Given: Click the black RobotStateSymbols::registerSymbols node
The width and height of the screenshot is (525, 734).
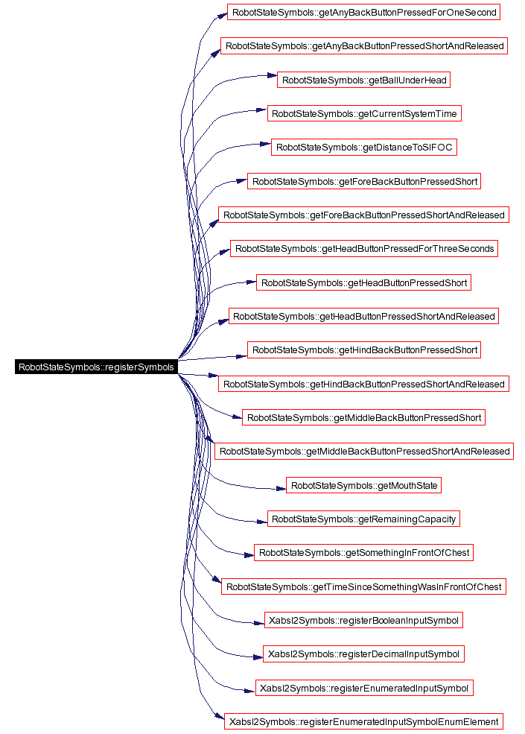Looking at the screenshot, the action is [x=96, y=367].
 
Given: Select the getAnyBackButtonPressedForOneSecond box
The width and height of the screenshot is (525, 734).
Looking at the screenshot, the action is [x=363, y=12].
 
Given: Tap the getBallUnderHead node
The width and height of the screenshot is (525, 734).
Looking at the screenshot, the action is [x=364, y=80].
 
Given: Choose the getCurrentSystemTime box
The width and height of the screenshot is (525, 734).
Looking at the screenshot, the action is [x=364, y=114].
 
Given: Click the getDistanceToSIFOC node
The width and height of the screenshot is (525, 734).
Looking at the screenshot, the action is [x=364, y=148].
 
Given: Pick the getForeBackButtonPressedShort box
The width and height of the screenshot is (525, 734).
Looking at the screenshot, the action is [x=364, y=181].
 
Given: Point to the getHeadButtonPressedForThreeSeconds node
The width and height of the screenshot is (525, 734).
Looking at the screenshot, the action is [x=364, y=249].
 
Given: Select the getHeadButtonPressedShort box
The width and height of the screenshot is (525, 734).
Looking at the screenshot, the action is [x=363, y=282].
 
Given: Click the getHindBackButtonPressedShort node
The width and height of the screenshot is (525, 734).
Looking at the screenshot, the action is [x=364, y=349].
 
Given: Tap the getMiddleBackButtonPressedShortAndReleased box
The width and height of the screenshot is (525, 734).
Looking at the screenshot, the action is [x=364, y=452].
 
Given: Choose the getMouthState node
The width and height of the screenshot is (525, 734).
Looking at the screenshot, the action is [x=363, y=485].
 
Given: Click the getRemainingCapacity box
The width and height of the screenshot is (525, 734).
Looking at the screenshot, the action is [x=363, y=519].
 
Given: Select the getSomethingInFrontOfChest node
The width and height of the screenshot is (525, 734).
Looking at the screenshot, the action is [x=363, y=553].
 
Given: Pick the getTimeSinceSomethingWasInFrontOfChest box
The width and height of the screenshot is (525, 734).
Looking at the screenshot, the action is [x=363, y=586].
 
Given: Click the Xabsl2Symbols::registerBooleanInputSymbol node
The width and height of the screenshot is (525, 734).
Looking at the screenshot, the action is [x=363, y=620].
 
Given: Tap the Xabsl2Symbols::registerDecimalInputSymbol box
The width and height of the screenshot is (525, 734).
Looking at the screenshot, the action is [x=363, y=654].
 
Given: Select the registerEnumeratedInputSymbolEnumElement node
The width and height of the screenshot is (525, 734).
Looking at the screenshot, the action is [x=363, y=722].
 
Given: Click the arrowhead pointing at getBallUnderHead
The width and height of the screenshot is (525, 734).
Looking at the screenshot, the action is [x=273, y=75].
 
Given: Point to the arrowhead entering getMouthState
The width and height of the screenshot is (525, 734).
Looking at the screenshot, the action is [x=281, y=489].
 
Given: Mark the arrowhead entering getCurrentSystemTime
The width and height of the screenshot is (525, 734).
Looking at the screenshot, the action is [x=262, y=110].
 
